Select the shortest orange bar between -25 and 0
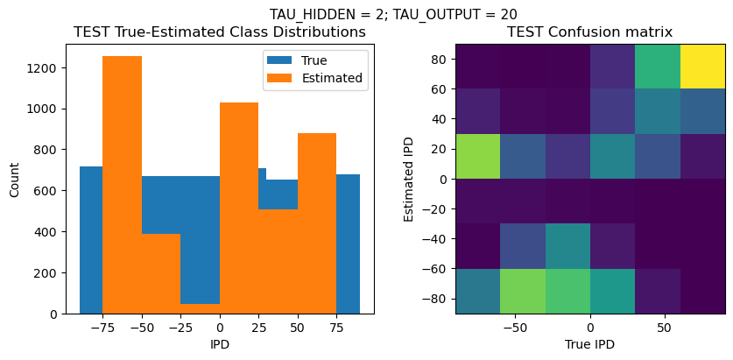tap(201, 308)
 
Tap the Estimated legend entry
tap(314, 77)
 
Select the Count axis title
tap(14, 179)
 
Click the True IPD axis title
tap(590, 344)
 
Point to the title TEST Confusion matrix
tap(590, 32)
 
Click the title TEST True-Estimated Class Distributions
tap(220, 32)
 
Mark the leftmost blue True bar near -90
tap(90, 240)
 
